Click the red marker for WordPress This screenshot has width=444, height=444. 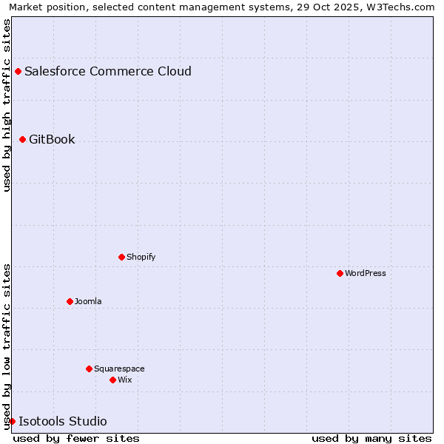[x=340, y=273]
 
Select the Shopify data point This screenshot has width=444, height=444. [x=121, y=257]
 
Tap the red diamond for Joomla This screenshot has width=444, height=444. [x=70, y=301]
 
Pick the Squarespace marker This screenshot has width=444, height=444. [x=89, y=369]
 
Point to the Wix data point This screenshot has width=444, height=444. [x=112, y=380]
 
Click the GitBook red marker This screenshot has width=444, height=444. [x=22, y=139]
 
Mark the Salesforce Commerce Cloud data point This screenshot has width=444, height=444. [x=18, y=71]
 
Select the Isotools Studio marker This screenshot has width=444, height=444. [x=12, y=421]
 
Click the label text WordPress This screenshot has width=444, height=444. [x=366, y=273]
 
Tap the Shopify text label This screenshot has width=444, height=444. [x=141, y=257]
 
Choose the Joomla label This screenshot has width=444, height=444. [x=88, y=301]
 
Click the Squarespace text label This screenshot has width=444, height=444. [x=119, y=369]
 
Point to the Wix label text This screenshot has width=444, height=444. [x=124, y=380]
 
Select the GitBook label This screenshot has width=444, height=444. [x=52, y=139]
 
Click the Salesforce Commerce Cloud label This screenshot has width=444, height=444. [x=108, y=71]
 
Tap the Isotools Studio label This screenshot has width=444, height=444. [x=63, y=421]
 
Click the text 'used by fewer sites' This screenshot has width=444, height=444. [x=76, y=438]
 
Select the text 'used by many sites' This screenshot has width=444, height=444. [x=371, y=438]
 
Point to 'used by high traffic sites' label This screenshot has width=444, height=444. [x=7, y=105]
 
